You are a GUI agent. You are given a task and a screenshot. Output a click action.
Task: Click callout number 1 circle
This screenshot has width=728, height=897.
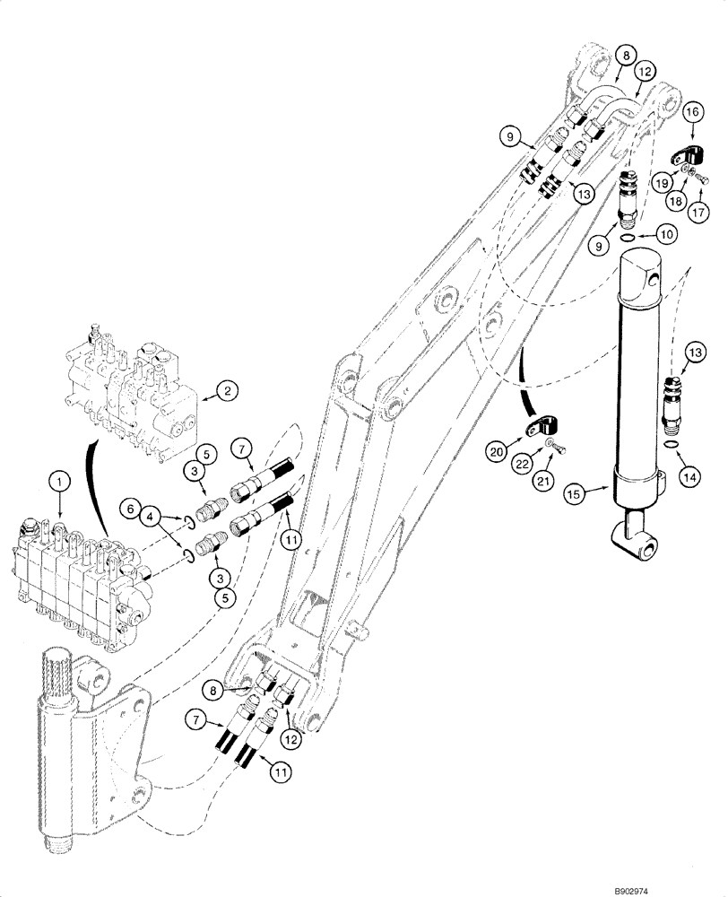[x=59, y=482]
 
